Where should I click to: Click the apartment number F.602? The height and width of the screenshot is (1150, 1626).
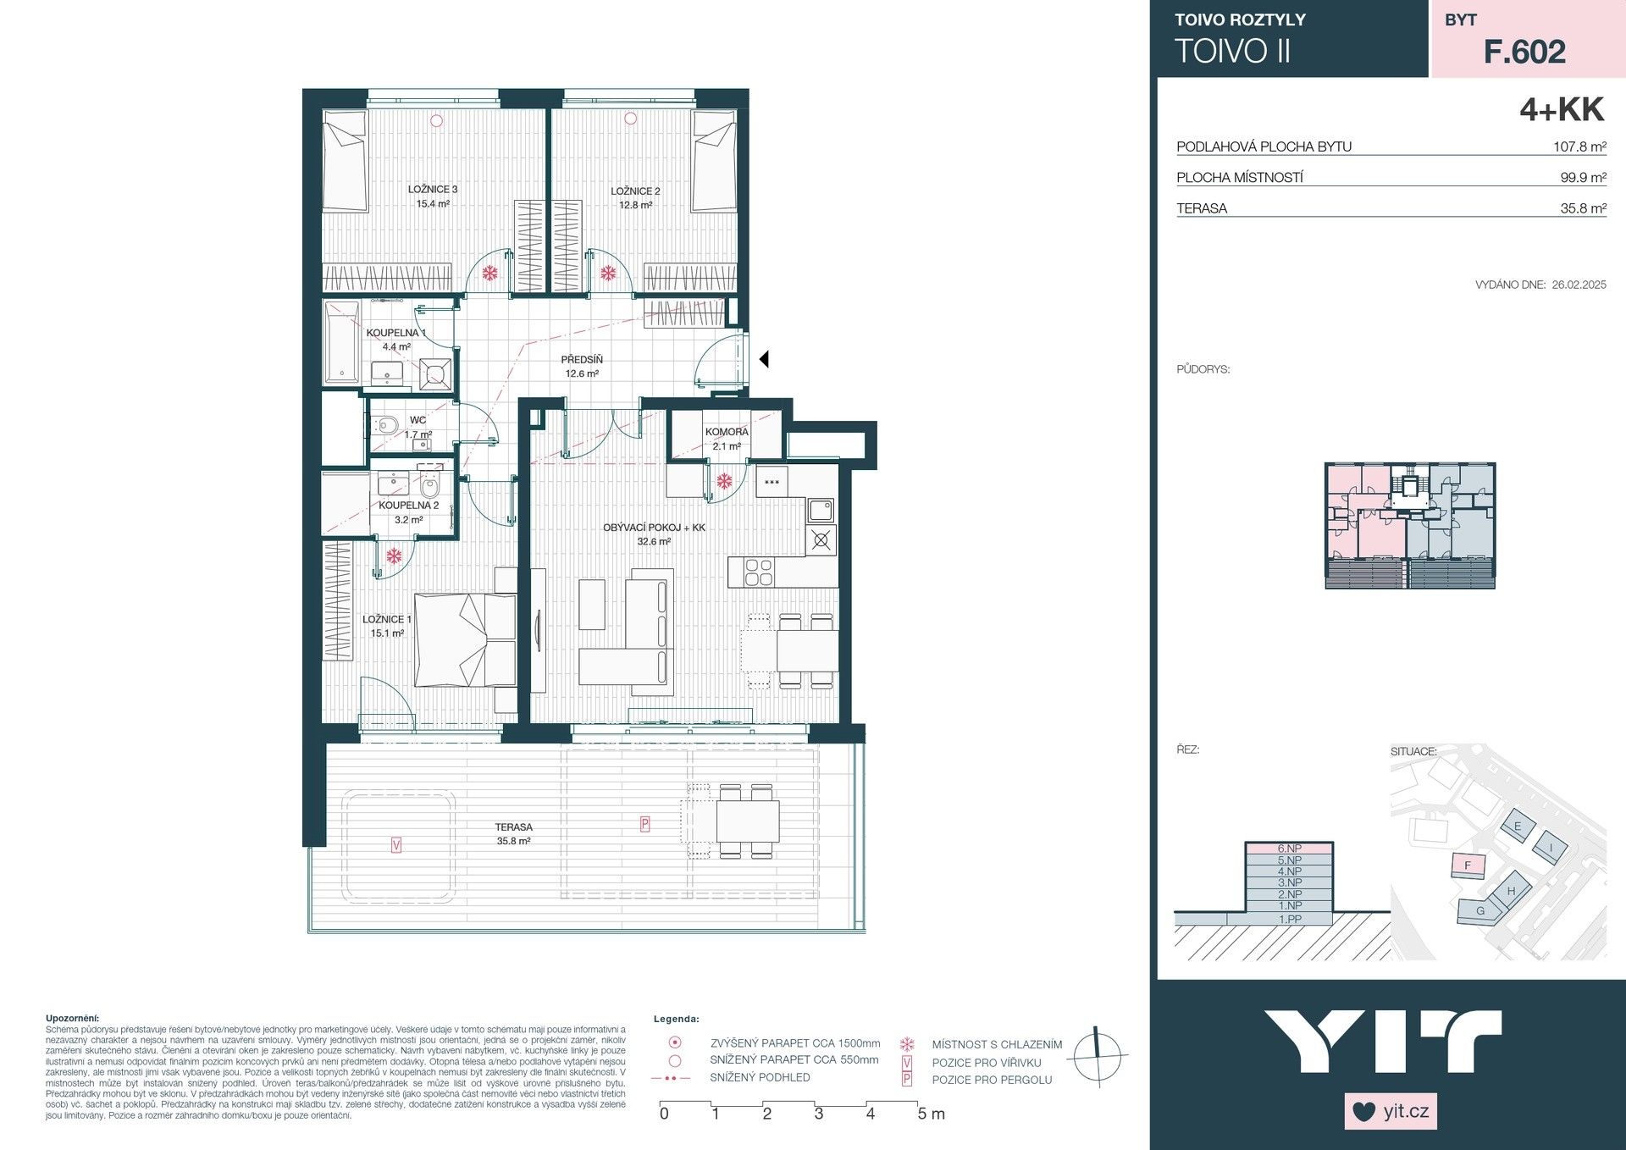[x=1524, y=53]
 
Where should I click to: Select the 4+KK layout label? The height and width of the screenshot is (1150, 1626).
[x=1562, y=110]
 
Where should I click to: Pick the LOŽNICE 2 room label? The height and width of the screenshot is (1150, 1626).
[x=635, y=191]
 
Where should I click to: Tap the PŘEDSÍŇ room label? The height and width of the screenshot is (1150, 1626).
[x=582, y=360]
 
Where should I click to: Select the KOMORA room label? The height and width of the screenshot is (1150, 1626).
[x=727, y=432]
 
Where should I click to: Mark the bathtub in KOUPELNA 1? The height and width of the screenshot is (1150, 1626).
[x=342, y=345]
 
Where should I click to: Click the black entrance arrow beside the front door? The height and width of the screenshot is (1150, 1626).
[x=763, y=359]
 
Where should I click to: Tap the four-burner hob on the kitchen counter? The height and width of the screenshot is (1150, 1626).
[x=758, y=573]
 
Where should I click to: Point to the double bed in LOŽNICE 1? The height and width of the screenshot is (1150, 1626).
[x=465, y=639]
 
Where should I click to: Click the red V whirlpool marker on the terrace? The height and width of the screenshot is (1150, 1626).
[x=396, y=843]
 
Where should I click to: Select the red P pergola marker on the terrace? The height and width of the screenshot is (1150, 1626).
[x=644, y=823]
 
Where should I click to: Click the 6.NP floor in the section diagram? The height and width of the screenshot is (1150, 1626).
[x=1289, y=849]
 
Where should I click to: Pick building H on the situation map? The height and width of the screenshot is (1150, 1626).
[x=1511, y=892]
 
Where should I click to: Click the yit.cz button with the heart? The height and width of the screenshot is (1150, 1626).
[x=1391, y=1111]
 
